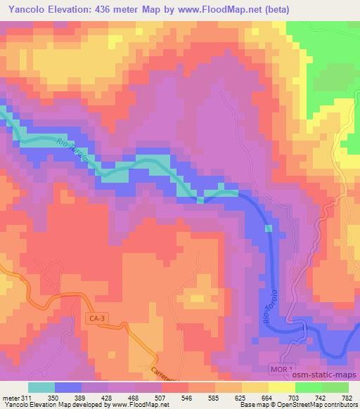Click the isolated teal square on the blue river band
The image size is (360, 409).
point(268,228)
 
